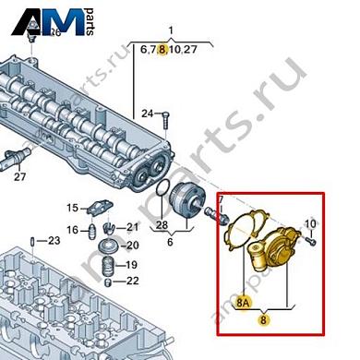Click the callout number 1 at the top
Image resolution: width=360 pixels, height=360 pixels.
[x=170, y=30]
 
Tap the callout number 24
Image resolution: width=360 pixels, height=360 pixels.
[x=146, y=114]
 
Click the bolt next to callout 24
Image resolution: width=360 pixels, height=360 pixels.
[x=165, y=116]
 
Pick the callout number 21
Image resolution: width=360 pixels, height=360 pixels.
[x=131, y=227]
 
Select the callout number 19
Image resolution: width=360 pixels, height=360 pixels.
[x=131, y=264]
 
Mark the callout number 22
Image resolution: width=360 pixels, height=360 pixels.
[x=131, y=281]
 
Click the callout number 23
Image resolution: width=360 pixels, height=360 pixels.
[x=53, y=241]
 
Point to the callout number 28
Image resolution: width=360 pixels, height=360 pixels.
[x=161, y=225]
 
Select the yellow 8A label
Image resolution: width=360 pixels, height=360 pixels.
[x=243, y=301]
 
